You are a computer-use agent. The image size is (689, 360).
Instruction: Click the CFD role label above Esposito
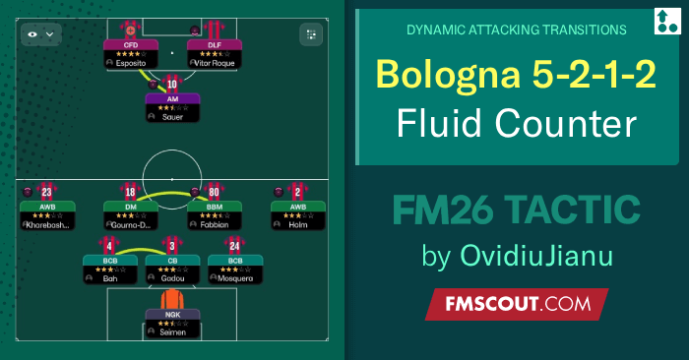coord(131,43)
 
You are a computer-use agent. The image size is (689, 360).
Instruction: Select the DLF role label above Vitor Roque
coord(215,43)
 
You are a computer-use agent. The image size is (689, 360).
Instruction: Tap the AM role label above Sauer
coord(172,98)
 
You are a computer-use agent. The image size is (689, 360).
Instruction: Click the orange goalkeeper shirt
coord(172,300)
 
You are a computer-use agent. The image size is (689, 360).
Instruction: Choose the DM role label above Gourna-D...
coord(131,207)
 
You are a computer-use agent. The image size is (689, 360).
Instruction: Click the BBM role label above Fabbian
coord(215,207)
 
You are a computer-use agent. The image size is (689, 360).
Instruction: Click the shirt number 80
coord(216,191)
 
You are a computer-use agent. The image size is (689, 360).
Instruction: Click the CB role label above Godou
coord(172,261)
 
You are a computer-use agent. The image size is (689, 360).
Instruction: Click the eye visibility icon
coord(33,33)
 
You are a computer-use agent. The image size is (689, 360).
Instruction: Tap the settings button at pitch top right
coord(312,33)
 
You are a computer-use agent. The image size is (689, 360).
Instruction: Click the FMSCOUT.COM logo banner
coord(516,304)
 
